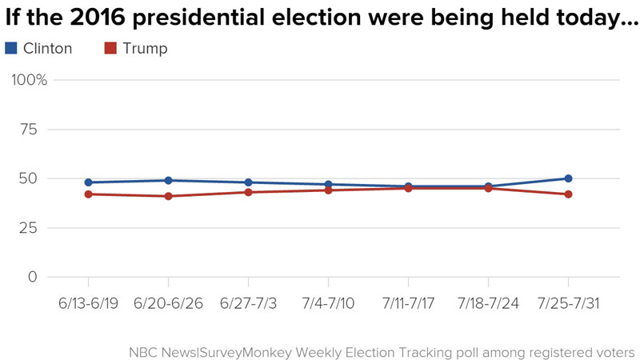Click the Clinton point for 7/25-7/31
coord(568,178)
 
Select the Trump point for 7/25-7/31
coord(568,194)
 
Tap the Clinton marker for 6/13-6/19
coord(88,182)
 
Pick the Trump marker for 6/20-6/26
coord(168,196)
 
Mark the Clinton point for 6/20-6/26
coord(168,180)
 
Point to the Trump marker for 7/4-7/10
coord(328,190)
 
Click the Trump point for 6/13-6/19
coord(88,194)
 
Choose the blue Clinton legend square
coord(10,49)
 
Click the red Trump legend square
coord(112,49)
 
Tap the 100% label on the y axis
coord(30,80)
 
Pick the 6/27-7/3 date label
coord(248,304)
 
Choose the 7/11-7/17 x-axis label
coord(408,304)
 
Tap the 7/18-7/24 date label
coord(488,304)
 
